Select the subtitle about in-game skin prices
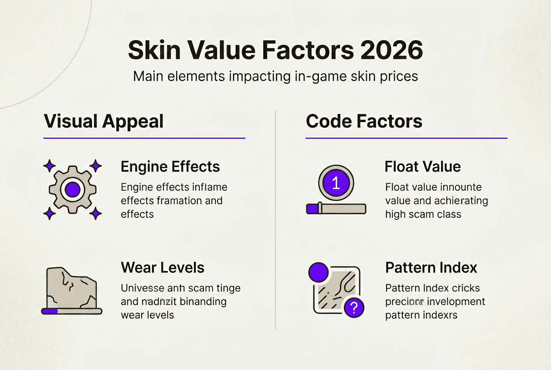[275, 76]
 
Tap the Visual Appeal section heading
[104, 121]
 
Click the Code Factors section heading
[364, 121]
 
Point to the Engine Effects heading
[170, 167]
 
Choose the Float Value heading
[422, 167]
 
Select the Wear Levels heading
[162, 267]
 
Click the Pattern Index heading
[431, 267]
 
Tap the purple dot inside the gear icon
[72, 189]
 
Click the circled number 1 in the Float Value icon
[336, 183]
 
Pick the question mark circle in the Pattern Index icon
[354, 308]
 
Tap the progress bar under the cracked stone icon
[72, 311]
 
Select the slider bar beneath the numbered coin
[336, 209]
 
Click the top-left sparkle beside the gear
[49, 166]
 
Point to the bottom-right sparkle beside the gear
[95, 213]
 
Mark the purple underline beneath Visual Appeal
[144, 138]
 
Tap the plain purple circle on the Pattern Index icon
[318, 273]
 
